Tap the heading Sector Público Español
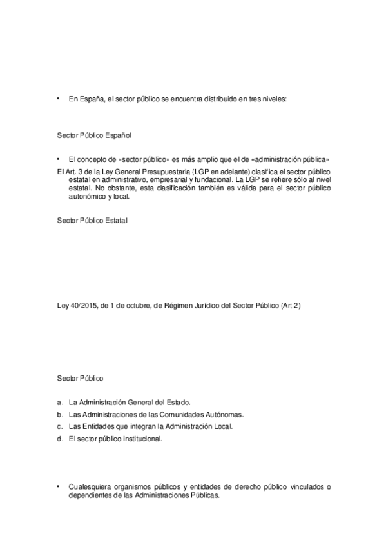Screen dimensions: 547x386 tap(94, 135)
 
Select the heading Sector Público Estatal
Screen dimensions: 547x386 tap(92, 221)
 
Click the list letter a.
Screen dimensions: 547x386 tap(59, 402)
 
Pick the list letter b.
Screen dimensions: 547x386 tap(59, 414)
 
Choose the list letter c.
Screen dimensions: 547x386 tap(59, 426)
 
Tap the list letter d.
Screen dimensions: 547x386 tap(59, 439)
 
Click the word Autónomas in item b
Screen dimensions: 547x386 tap(225, 414)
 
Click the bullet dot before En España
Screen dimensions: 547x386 tap(59, 99)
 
